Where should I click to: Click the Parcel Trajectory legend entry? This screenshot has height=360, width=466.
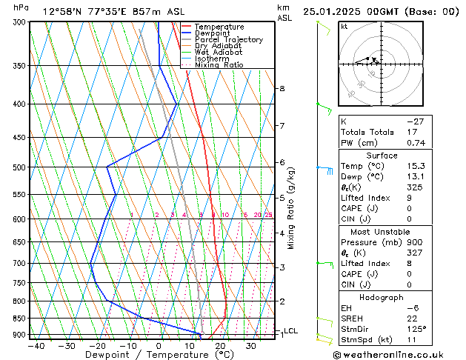[228, 40]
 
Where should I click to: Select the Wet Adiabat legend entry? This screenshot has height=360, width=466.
[219, 53]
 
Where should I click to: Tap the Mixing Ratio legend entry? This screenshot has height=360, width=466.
[219, 65]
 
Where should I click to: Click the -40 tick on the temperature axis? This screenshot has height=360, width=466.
[36, 346]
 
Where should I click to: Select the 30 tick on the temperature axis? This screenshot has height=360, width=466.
[251, 346]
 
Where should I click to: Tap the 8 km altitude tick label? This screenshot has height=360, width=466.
[282, 89]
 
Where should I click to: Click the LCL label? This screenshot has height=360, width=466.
[291, 331]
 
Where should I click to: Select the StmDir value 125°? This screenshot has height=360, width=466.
[416, 329]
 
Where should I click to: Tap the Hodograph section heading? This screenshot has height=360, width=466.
[382, 297]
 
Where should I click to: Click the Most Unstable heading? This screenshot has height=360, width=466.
[382, 231]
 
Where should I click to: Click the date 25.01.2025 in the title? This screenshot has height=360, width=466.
[333, 12]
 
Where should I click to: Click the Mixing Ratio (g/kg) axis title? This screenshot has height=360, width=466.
[291, 208]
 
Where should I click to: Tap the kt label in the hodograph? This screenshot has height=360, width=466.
[344, 27]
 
